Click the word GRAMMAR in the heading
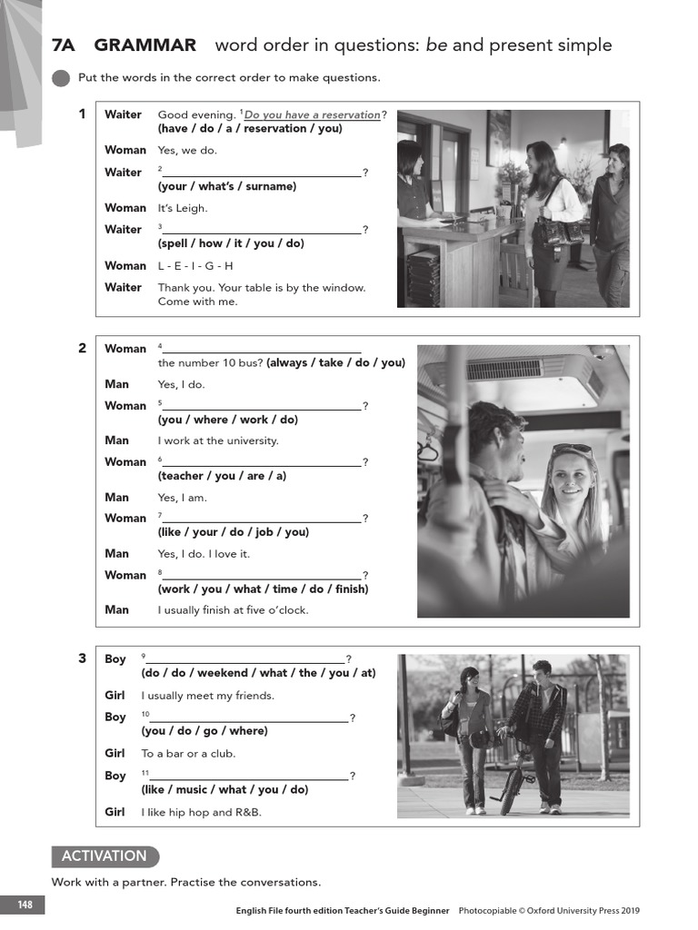(x=145, y=45)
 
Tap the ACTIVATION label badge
(x=104, y=856)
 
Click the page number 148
(x=24, y=905)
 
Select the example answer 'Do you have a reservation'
(x=312, y=114)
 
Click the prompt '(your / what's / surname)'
(x=226, y=186)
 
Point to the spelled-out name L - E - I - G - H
(x=195, y=266)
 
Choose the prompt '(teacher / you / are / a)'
(x=222, y=476)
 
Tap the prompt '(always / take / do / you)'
(x=335, y=362)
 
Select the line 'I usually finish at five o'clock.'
(x=233, y=610)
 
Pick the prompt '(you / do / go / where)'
(x=204, y=731)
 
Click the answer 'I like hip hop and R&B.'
(x=201, y=812)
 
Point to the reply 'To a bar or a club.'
(x=188, y=754)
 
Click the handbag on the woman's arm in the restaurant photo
(x=556, y=232)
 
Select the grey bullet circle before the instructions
(x=61, y=78)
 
